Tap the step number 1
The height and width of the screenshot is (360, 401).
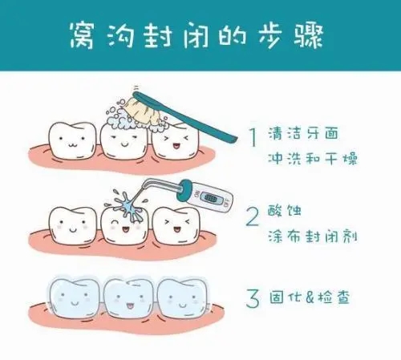[252, 138]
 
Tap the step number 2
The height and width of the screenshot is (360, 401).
[252, 216]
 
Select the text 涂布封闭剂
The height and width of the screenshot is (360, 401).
[312, 238]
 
